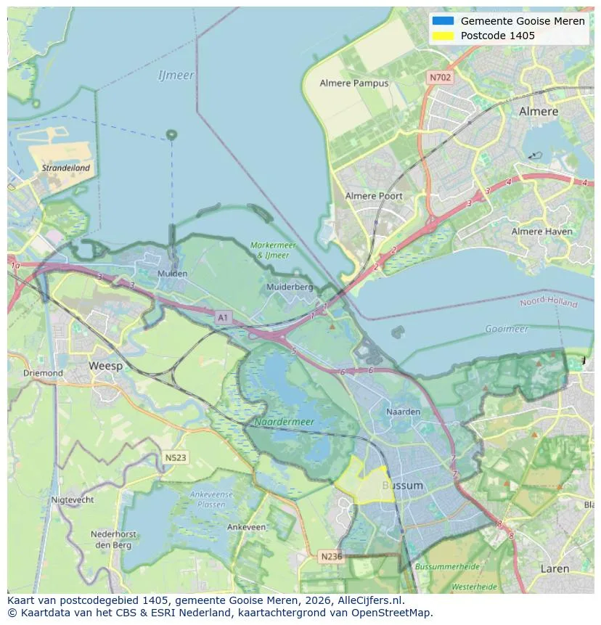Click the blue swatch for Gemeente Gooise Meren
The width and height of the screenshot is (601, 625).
(x=443, y=21)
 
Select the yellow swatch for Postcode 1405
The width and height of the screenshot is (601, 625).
(x=443, y=36)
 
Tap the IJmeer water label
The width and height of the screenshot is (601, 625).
(x=176, y=75)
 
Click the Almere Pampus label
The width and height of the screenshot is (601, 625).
(x=354, y=83)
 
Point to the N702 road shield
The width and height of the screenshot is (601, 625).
(x=440, y=77)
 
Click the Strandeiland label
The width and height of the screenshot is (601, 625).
(x=66, y=168)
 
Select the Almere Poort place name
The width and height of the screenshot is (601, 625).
(x=373, y=196)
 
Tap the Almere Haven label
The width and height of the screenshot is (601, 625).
(x=541, y=232)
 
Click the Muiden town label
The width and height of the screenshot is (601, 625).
(x=172, y=274)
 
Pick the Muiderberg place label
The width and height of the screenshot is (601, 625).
(x=290, y=287)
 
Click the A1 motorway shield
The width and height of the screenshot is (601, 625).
(x=223, y=317)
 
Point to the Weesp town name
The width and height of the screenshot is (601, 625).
(x=105, y=367)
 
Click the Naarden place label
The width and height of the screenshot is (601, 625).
(x=404, y=412)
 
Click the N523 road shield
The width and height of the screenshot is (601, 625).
(x=175, y=458)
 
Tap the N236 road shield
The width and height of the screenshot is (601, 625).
(x=331, y=557)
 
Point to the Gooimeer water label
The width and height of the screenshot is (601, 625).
(x=506, y=329)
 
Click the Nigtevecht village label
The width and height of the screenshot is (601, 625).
(x=72, y=500)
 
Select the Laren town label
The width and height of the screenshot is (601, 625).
(x=555, y=569)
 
